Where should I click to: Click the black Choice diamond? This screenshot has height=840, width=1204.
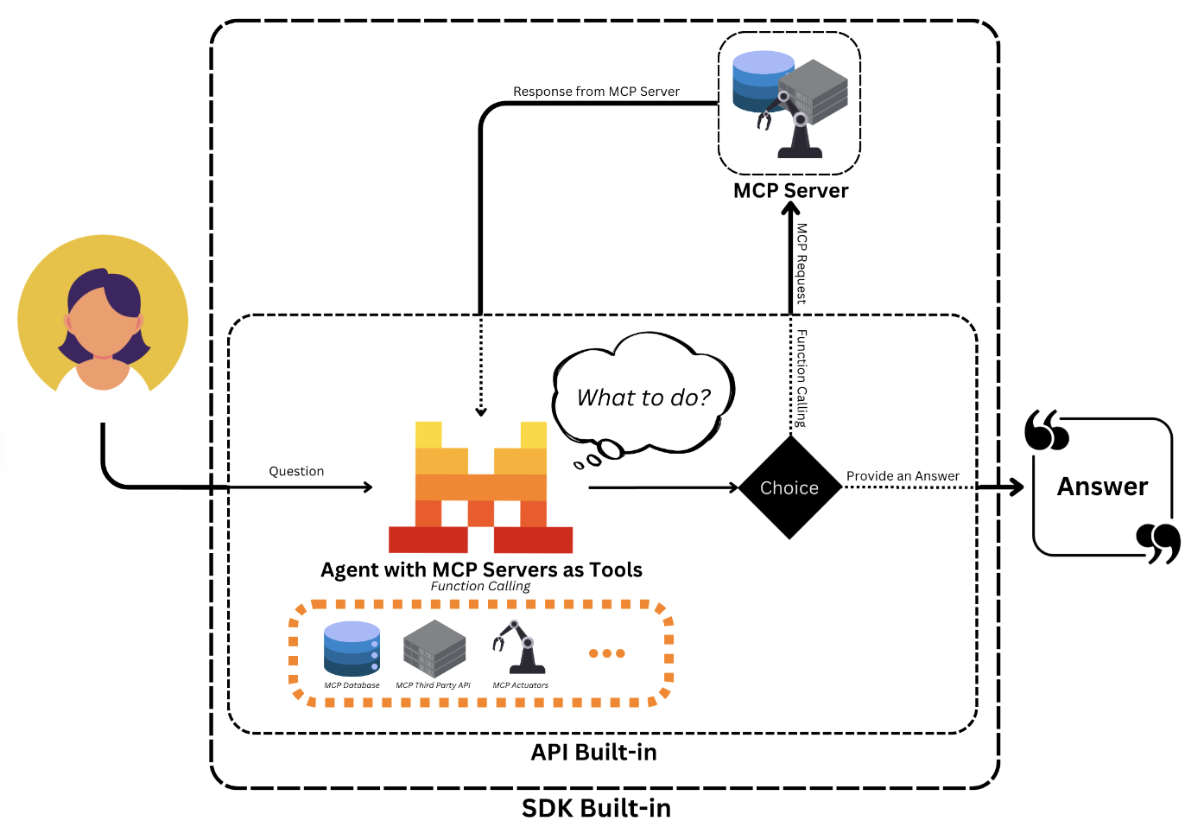click(x=789, y=488)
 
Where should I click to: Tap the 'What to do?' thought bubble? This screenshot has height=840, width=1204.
click(x=643, y=398)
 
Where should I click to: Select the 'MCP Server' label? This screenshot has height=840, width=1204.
click(x=790, y=191)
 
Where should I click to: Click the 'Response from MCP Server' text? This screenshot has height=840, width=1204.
click(x=596, y=92)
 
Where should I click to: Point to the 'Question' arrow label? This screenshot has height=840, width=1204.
click(x=296, y=471)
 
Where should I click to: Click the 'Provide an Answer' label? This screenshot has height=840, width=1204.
click(x=903, y=476)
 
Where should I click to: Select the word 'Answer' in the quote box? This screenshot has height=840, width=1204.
click(x=1102, y=487)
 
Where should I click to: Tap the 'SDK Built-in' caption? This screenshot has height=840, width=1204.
click(x=596, y=808)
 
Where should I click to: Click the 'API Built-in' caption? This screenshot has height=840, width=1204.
click(x=593, y=752)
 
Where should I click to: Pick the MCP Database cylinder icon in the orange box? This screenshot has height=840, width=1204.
click(x=352, y=648)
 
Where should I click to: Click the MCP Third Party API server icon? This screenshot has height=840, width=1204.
click(x=434, y=649)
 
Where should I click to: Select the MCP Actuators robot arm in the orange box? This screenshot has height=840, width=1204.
click(x=519, y=647)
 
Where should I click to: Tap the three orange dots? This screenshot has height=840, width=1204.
click(x=606, y=653)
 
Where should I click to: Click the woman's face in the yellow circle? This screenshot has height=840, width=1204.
click(x=103, y=324)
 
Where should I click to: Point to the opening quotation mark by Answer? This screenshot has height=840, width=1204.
click(x=1046, y=430)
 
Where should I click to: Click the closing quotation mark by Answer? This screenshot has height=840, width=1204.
click(x=1158, y=543)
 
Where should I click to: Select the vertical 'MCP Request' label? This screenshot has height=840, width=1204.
click(x=802, y=264)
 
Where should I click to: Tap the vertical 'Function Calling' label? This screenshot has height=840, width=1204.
click(x=802, y=378)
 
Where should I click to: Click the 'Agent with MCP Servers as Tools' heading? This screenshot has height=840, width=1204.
click(x=481, y=570)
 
